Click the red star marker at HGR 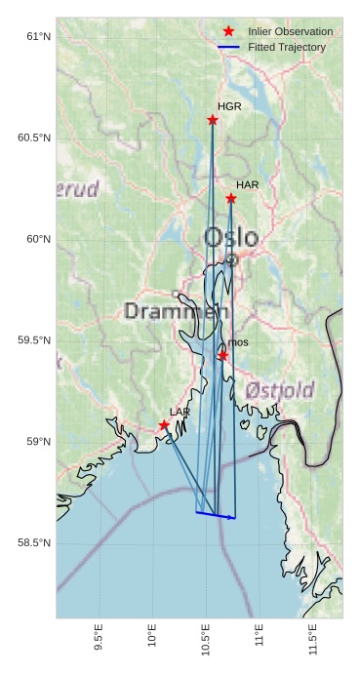point(213,120)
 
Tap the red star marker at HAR point(231,199)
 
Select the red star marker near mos point(223,356)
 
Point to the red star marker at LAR point(164,425)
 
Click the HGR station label point(229,106)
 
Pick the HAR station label point(247,184)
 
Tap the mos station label point(238,342)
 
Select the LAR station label point(180,413)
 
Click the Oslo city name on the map point(231,237)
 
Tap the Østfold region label point(280,390)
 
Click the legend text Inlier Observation point(290,31)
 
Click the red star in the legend point(229,31)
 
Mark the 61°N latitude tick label point(37,37)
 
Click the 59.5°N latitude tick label point(33,340)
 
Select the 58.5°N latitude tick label point(33,543)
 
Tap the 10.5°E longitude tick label point(206,639)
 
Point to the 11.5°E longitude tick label point(313,639)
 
